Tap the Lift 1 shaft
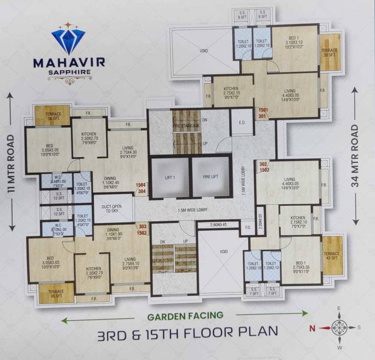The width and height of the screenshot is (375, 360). [169, 177]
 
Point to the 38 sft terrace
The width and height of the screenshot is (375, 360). [330, 52]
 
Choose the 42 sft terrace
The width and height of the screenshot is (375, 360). [332, 255]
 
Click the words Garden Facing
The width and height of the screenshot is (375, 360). [185, 316]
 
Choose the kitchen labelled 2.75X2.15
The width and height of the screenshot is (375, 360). [231, 91]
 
